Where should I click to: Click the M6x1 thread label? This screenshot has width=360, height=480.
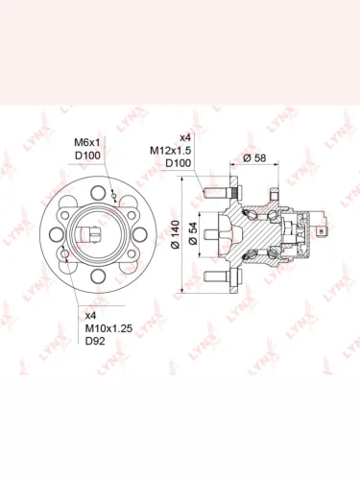[x=87, y=141]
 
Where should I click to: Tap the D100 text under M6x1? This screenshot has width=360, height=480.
[x=87, y=156]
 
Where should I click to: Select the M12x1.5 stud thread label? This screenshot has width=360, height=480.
[x=170, y=150]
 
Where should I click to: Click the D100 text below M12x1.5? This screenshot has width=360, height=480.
[x=178, y=163]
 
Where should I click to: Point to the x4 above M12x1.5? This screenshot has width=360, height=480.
[x=185, y=137]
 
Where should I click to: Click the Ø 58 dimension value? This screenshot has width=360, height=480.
[x=254, y=158]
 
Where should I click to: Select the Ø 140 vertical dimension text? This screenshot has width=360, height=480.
[x=176, y=234]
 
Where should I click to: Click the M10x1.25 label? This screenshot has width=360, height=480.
[x=108, y=328]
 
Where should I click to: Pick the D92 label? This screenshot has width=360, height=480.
[x=95, y=341]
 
